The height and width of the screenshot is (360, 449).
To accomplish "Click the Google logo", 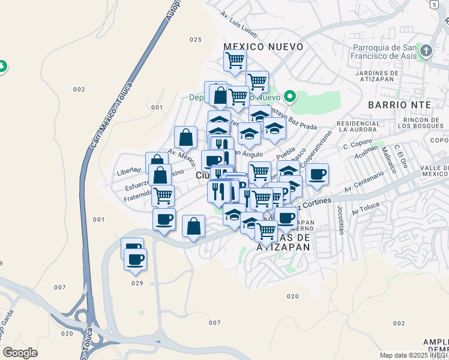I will pos(20,353).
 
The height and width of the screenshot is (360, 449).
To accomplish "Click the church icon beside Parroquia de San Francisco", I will pos(426,51).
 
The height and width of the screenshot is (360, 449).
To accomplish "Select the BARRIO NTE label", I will pos(408,104).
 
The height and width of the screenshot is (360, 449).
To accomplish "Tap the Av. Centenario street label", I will pos(364,182).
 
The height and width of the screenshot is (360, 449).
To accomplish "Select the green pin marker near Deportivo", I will pos(289,96).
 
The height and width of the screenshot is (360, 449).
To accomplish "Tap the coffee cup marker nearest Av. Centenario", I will pos(317,175).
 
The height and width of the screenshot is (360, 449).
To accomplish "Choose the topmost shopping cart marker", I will pos(235,60).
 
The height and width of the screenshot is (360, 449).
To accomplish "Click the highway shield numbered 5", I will pos(433,4).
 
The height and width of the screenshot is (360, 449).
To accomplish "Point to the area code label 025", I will pos(195,40).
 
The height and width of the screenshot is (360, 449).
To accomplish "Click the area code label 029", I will pos(137,283).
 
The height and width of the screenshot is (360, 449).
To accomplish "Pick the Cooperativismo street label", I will pos(316,149).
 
